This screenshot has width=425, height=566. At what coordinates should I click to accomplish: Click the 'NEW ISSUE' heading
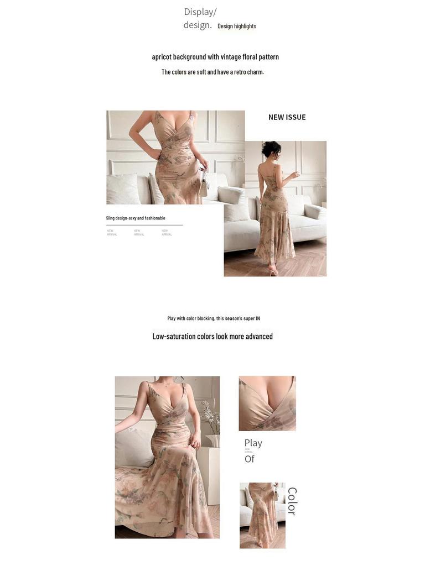287,117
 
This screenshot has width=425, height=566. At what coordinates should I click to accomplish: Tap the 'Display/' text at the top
200,12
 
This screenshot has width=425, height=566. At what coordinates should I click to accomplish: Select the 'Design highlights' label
237,26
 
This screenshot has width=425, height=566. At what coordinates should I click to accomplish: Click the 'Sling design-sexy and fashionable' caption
136,218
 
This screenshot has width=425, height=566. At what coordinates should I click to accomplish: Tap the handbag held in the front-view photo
204,184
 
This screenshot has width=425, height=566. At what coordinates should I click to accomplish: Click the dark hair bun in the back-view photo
271,148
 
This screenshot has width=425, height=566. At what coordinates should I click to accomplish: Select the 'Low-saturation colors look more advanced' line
212,336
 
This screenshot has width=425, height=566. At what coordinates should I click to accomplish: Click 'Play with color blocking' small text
214,318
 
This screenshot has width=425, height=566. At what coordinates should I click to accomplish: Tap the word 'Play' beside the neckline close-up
253,443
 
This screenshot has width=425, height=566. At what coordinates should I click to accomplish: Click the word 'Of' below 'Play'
250,459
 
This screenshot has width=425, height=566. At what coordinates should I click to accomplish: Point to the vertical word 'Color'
292,501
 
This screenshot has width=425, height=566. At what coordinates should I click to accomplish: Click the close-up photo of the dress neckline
267,403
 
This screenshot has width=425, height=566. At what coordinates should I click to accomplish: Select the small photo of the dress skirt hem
262,515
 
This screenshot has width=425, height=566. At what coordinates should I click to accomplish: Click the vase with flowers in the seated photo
210,426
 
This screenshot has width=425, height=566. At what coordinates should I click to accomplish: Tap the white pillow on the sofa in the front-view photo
123,189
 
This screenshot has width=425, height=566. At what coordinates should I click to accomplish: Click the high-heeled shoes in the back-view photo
272,270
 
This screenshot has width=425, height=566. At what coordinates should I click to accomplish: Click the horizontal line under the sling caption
144,225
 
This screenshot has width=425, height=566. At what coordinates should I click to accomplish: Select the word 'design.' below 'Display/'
198,25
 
